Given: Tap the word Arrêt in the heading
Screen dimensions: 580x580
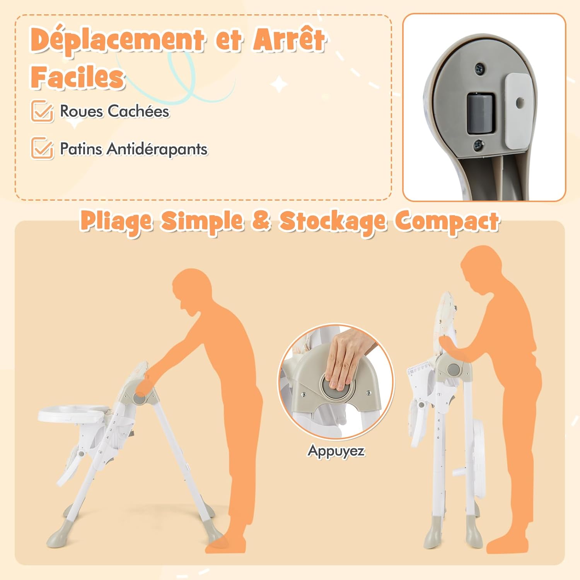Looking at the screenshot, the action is (289, 39).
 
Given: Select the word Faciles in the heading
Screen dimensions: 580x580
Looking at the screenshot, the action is (78, 77).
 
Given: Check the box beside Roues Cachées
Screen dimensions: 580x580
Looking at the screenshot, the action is (42, 111).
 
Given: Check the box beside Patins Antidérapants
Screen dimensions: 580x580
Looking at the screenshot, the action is (42, 148).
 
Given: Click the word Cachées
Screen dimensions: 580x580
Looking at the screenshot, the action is (138, 111).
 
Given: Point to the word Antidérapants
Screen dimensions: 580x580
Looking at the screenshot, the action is (157, 149).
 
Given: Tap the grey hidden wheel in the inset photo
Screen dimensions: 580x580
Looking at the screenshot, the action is (481, 114).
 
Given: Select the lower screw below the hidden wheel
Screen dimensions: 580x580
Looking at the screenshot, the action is (479, 145).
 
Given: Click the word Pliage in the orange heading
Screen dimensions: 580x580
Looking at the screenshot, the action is (116, 222).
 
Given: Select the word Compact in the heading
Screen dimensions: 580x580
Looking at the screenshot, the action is (447, 222).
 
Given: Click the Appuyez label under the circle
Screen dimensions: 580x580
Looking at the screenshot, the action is (336, 451).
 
